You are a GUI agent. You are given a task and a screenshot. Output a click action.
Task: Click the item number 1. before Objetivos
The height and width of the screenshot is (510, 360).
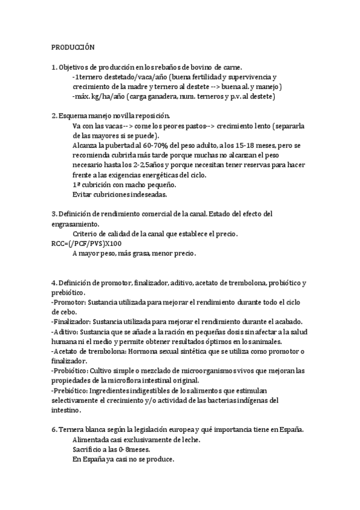pyautogui.click(x=54, y=67)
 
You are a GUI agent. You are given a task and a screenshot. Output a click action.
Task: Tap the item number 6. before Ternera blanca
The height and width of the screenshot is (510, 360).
pyautogui.click(x=54, y=430)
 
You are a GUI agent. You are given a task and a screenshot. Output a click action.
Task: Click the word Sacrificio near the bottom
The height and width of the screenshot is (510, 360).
pyautogui.click(x=88, y=450)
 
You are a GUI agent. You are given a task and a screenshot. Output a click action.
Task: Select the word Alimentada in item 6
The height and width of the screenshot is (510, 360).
pyautogui.click(x=91, y=440)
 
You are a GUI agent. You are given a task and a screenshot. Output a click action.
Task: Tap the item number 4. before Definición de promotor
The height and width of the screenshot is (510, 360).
pyautogui.click(x=54, y=283)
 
